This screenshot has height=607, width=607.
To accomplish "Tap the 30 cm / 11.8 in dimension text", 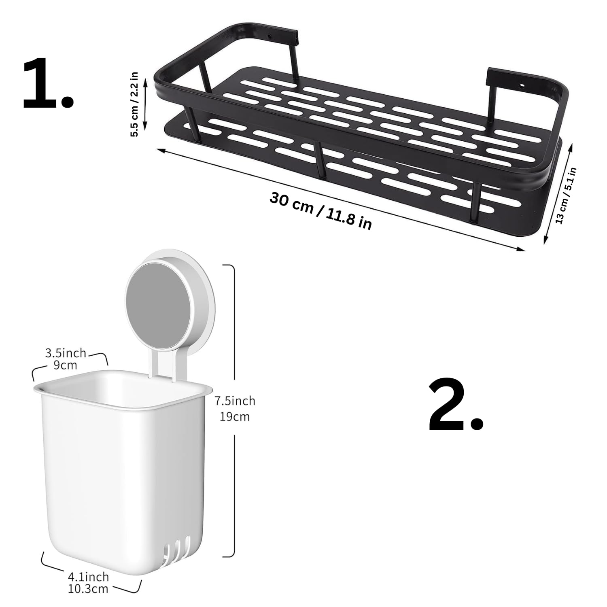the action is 320,211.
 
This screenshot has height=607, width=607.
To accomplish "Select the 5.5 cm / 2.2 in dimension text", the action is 135,104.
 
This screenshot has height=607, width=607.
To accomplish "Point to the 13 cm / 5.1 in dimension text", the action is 565,195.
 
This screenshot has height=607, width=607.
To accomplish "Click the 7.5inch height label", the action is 235,401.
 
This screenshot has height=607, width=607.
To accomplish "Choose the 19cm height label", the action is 235,416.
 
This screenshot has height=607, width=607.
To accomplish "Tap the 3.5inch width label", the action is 66,353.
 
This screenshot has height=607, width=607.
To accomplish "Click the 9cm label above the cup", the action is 65,365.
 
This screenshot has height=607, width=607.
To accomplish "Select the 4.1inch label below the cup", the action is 88,576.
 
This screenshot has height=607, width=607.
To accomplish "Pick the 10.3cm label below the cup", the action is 88,588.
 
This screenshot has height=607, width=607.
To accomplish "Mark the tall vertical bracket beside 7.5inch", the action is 232,411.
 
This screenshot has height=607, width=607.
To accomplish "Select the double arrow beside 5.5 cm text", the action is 145,104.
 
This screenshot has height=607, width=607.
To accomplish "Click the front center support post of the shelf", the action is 320,160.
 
